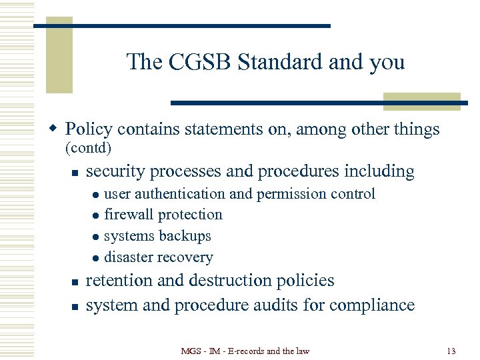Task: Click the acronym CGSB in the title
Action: (193, 62)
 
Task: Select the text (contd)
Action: (87, 147)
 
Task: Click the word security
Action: (116, 171)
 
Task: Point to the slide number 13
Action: (451, 351)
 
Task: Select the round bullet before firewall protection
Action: (95, 215)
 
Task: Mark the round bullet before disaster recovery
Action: (95, 258)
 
